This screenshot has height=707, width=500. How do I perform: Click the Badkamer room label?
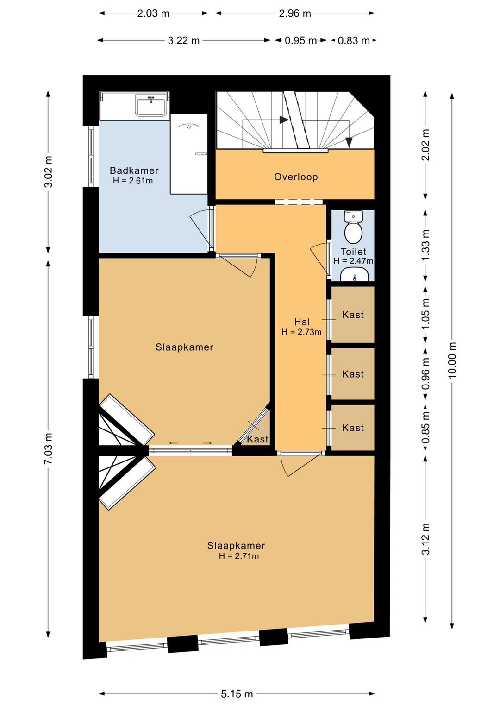coord(134,170)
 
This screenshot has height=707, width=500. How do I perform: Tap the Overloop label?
coord(296,177)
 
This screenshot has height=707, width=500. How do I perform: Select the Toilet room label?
coord(354,252)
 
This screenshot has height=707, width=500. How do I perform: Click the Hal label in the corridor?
coord(302,322)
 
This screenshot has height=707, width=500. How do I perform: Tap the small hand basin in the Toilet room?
coord(355,274)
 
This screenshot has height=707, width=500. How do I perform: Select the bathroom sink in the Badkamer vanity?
coord(150,106)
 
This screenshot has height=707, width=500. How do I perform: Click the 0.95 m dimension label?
coord(300,40)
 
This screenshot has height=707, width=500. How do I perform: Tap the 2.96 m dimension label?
coord(295,13)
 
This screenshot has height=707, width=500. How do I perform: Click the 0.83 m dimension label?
coord(354,40)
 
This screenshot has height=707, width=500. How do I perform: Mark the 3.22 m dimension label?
coord(184,40)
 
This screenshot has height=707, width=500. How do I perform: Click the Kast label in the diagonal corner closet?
coord(257,439)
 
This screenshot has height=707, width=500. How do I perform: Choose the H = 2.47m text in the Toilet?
coord(353,261)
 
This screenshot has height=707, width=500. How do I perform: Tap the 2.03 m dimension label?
coord(153,13)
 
